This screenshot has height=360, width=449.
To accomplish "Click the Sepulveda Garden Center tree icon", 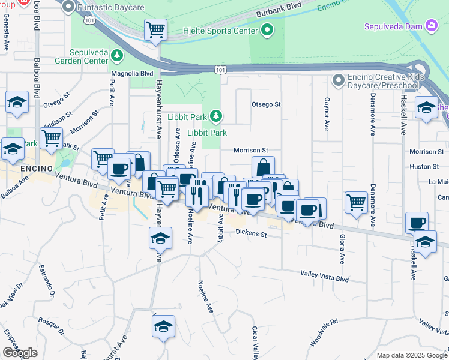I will click(116, 56).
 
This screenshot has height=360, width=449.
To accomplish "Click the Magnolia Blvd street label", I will click(132, 73).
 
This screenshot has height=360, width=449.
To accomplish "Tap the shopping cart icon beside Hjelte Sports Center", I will click(155, 29).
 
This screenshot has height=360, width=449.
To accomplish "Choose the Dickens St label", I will click(250, 233).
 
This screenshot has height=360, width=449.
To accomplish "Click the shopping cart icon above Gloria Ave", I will click(357, 202).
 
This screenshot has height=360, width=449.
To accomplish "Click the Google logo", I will click(20, 353).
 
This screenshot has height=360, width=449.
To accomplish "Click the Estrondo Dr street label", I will click(47, 280).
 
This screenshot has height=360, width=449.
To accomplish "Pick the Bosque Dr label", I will click(50, 327).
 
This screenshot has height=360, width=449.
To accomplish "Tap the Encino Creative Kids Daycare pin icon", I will click(339, 79).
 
